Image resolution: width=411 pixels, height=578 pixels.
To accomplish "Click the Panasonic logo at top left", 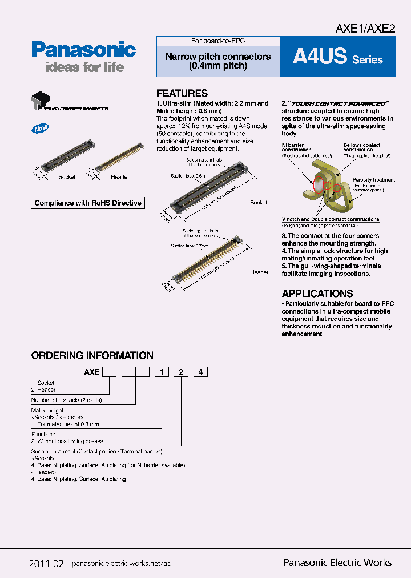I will pos(83,50).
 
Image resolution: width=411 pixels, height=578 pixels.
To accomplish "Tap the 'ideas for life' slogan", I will pos(84,67).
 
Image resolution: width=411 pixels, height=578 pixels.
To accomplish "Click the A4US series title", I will pos(337,57).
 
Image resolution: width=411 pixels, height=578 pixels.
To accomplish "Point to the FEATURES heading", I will pos(182,93).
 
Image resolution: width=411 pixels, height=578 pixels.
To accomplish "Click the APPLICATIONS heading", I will pos(317,293).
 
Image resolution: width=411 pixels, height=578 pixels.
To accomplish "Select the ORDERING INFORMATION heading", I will pos(92,355).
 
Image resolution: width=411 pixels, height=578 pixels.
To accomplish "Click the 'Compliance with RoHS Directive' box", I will pos(88,203).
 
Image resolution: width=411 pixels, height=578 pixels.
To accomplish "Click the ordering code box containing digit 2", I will pos(181,372).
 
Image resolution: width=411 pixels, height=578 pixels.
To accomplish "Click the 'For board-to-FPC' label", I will pos(217,41).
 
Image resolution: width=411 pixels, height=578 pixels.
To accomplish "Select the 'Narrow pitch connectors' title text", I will pos(218,57).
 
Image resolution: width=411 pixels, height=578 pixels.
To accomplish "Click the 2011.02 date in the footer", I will pos(46,563).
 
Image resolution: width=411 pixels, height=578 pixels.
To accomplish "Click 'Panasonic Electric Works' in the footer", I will pos(337,563).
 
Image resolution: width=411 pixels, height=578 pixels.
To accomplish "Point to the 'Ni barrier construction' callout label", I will pos(297,147).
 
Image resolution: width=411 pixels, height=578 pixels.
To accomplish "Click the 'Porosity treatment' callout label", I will pos(373,180).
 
